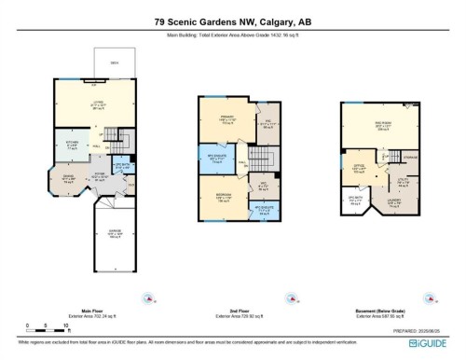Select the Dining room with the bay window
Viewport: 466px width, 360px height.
click(66, 179)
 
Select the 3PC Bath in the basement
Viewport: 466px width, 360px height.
click(355, 199)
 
